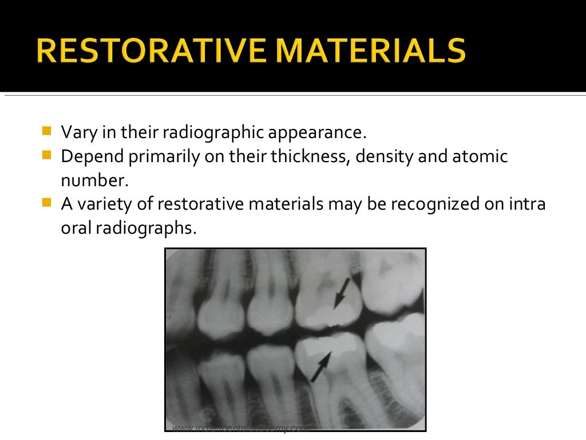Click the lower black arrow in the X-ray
(x=320, y=367)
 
